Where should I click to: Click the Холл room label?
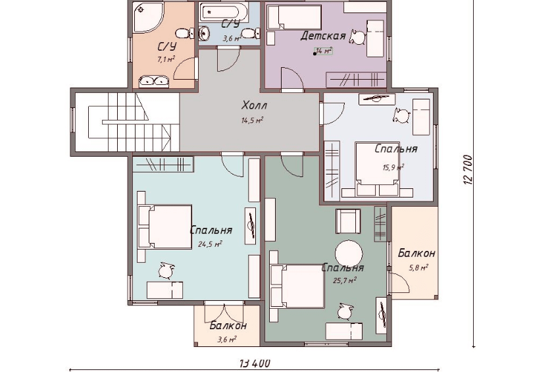click(x=254, y=105)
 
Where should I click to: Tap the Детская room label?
click(x=323, y=36)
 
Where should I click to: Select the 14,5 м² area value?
click(x=252, y=120)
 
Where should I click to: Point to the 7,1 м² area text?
click(x=166, y=59)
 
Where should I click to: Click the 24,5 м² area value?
click(x=210, y=244)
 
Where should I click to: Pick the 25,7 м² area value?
click(x=345, y=280)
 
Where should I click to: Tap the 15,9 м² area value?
click(x=393, y=167)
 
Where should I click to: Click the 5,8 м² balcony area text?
click(x=418, y=267)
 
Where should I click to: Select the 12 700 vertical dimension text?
click(x=467, y=169)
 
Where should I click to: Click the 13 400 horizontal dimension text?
click(x=255, y=363)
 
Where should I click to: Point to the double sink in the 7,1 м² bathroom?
click(x=154, y=81)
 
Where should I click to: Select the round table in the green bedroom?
click(x=349, y=254)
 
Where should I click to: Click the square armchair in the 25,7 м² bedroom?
click(x=348, y=221)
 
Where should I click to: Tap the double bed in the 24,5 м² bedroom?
click(x=165, y=226)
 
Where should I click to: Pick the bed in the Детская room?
click(x=294, y=17)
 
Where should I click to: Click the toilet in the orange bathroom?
click(x=184, y=34)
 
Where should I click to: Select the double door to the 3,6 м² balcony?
click(x=224, y=311)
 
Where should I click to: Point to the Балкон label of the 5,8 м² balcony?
click(x=416, y=253)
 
